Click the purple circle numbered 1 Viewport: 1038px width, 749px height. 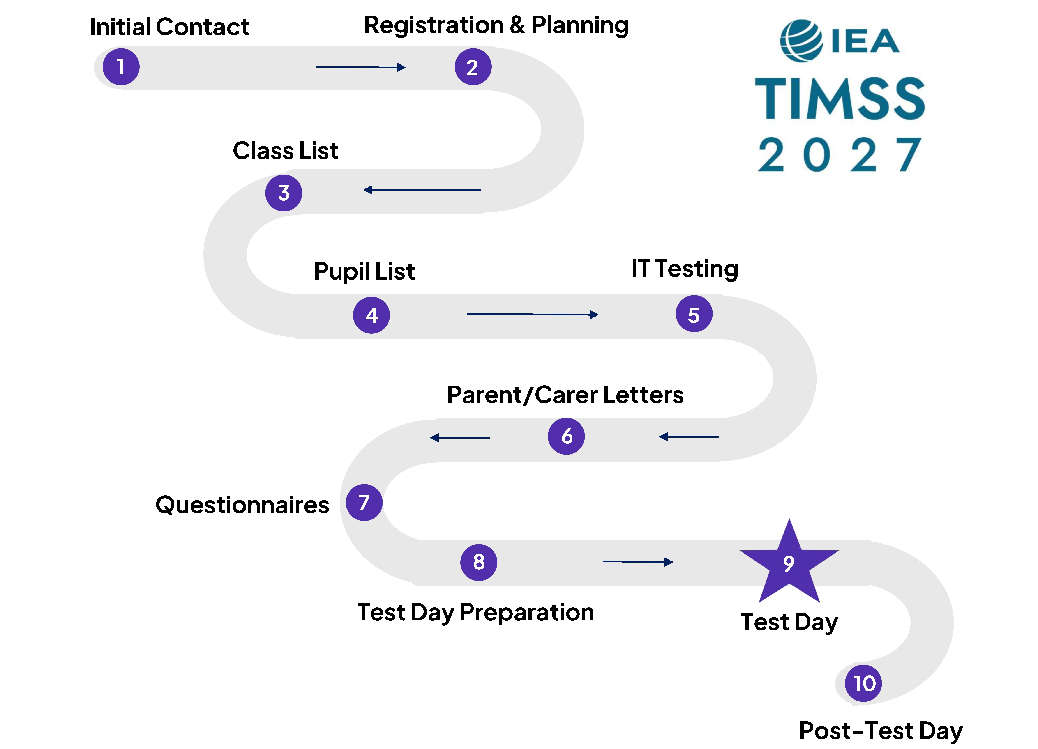121,67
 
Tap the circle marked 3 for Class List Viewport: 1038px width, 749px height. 284,193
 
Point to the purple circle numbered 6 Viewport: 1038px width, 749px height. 566,436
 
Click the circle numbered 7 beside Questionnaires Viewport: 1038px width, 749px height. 364,502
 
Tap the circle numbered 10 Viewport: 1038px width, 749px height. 863,683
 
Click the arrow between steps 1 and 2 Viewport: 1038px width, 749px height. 361,67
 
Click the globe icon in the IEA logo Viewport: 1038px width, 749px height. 801,40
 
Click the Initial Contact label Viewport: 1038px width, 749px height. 169,27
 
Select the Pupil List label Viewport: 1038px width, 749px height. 364,271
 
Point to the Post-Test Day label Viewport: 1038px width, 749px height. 881,731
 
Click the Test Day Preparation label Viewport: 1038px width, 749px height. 475,612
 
